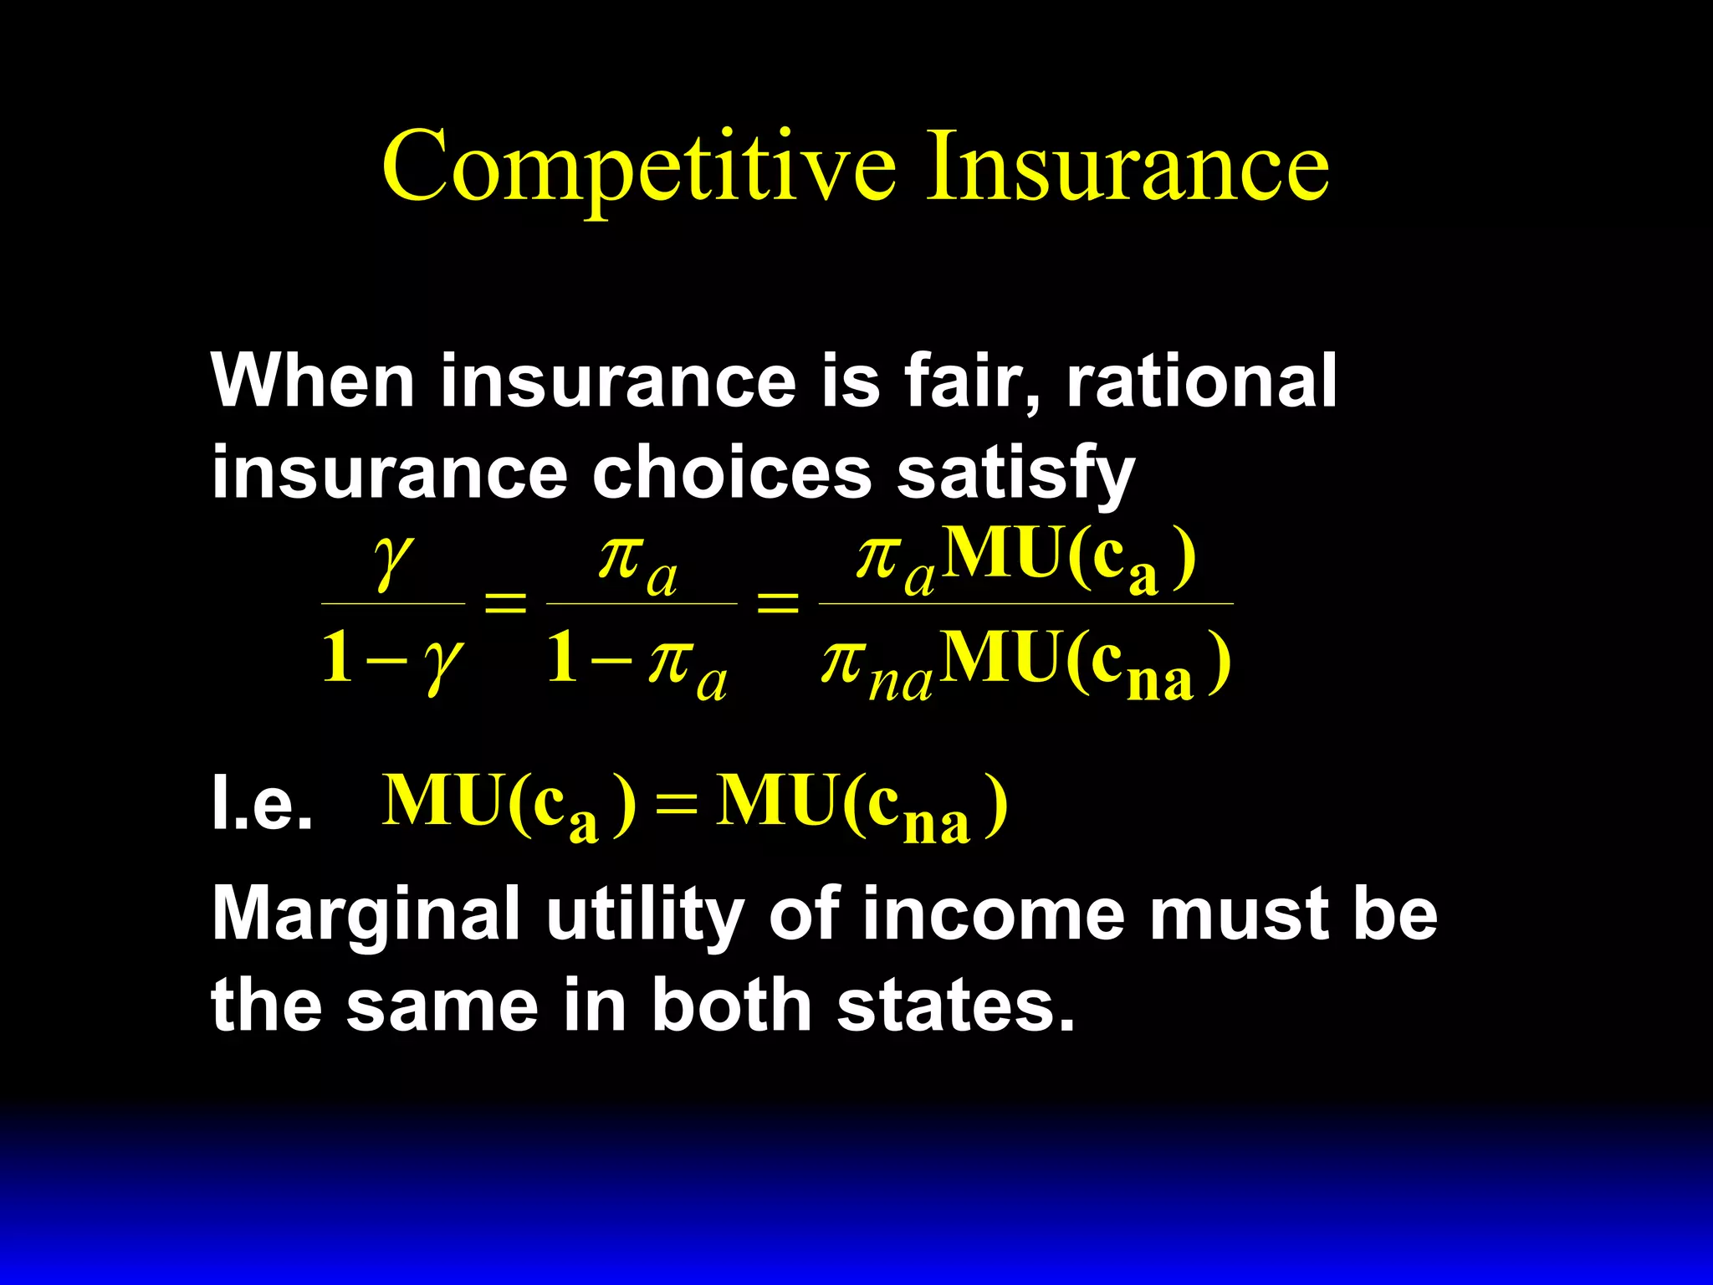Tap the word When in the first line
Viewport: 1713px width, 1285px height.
(x=313, y=381)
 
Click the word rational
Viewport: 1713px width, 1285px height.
(x=1201, y=381)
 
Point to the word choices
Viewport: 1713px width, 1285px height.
(x=732, y=473)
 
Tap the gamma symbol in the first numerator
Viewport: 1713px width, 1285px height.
(x=392, y=561)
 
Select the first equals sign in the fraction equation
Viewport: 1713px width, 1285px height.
(x=506, y=602)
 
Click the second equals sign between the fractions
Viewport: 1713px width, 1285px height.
(x=777, y=602)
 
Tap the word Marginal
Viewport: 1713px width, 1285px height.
(x=367, y=915)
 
